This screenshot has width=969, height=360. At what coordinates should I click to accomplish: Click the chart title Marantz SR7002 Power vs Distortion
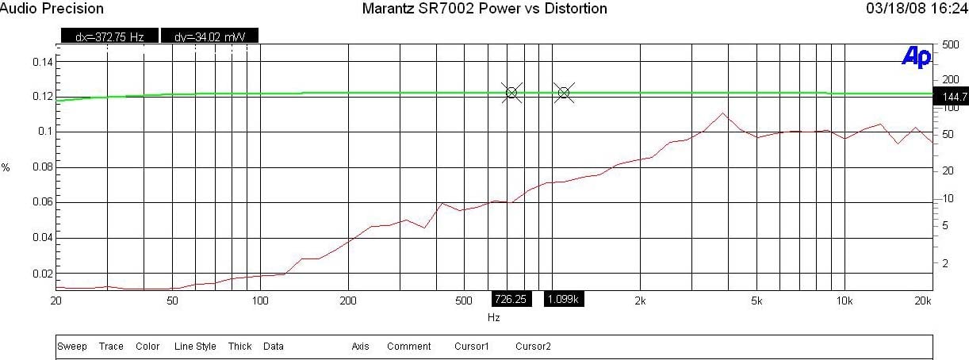[484, 9]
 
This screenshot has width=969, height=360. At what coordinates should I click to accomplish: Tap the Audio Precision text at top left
[52, 9]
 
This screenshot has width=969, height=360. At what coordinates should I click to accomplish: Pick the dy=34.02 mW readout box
[209, 36]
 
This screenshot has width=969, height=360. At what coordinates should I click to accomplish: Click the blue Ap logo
[916, 56]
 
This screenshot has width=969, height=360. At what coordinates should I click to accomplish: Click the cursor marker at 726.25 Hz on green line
[511, 93]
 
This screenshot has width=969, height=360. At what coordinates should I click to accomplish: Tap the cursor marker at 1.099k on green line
[563, 93]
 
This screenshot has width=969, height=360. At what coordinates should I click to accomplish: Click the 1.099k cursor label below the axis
[563, 299]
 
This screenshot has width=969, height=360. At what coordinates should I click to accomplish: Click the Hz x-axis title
[493, 317]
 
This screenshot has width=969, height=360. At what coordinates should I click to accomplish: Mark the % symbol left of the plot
[6, 168]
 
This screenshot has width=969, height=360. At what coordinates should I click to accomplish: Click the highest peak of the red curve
[722, 113]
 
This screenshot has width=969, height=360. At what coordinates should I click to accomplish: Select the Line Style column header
[195, 347]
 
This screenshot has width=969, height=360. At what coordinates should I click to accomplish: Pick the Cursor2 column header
[533, 347]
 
